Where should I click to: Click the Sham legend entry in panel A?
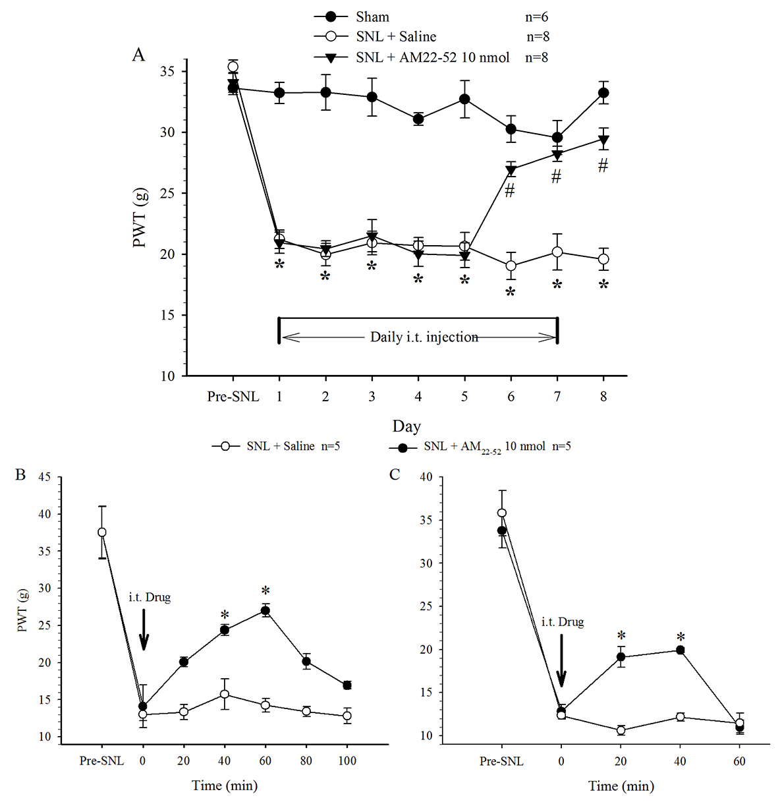pos(372,17)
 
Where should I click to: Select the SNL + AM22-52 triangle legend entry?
pos(432,57)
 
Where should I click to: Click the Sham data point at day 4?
pos(418,119)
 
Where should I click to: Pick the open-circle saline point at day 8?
pos(603,259)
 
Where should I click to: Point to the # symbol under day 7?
pos(557,176)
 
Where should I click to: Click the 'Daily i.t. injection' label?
pos(424,337)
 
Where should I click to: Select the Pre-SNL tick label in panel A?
pos(233,397)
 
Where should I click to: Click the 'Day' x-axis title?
pos(406,426)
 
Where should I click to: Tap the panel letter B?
pos(20,474)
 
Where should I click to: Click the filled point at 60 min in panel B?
pos(265,611)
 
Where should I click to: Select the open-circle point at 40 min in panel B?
pos(225,694)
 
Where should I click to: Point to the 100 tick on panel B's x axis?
pos(347,761)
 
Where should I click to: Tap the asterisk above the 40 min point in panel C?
pos(681,637)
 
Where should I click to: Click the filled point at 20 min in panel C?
pos(621,657)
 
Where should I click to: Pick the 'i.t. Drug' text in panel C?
pos(562,621)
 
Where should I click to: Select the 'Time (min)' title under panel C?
pos(621,786)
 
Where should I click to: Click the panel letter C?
pos(395,474)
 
